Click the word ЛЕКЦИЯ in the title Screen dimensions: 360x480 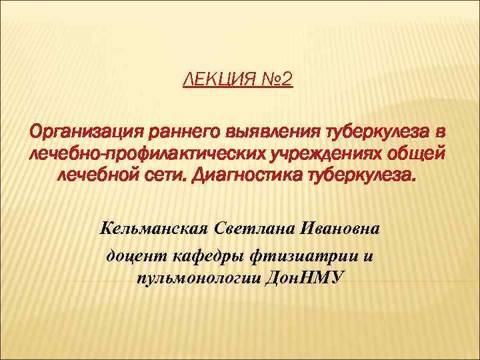[217, 81]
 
